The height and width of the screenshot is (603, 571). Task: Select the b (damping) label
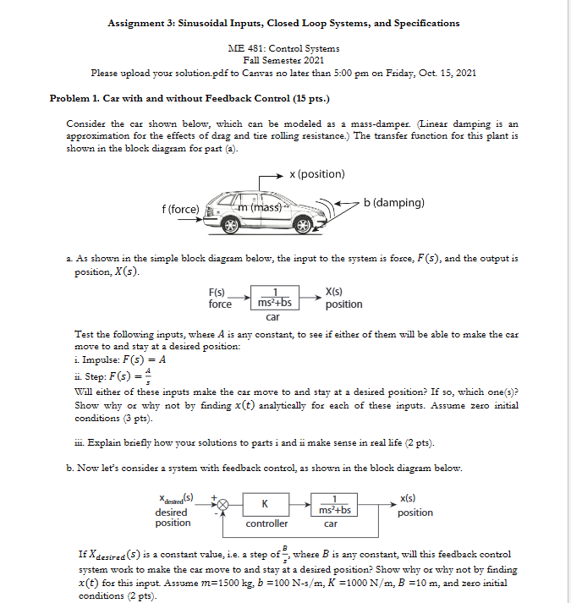tap(394, 203)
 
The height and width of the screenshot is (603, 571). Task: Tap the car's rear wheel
tap(230, 227)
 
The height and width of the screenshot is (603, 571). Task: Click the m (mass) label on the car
tap(257, 207)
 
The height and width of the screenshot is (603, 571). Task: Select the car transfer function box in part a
tap(274, 298)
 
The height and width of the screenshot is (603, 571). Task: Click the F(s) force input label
tap(220, 298)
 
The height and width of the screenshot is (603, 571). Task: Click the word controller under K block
tap(266, 524)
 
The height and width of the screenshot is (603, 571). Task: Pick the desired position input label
tap(172, 512)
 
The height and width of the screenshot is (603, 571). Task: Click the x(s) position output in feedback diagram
tap(415, 506)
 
